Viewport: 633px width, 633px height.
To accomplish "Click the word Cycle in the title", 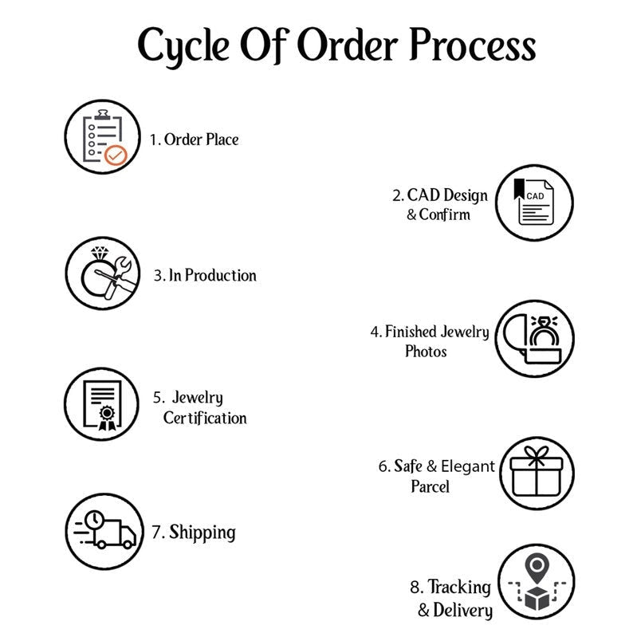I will coord(185,45).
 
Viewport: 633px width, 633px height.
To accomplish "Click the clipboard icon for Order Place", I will coord(104,134).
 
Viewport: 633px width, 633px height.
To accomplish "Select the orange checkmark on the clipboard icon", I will coord(116,155).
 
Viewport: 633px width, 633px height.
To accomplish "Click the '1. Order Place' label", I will coord(195,140).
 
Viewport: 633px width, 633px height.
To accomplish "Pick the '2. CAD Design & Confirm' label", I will coord(439,205).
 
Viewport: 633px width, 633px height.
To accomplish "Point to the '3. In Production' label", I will coord(205,276).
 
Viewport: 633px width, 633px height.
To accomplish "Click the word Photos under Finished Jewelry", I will coord(426,352).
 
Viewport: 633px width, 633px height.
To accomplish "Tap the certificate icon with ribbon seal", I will coord(103,405).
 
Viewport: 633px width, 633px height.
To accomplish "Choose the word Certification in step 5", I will coord(205,419).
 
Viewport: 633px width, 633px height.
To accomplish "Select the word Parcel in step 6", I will coord(431,486).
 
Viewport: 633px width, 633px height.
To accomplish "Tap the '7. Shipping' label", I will coord(194,532).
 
